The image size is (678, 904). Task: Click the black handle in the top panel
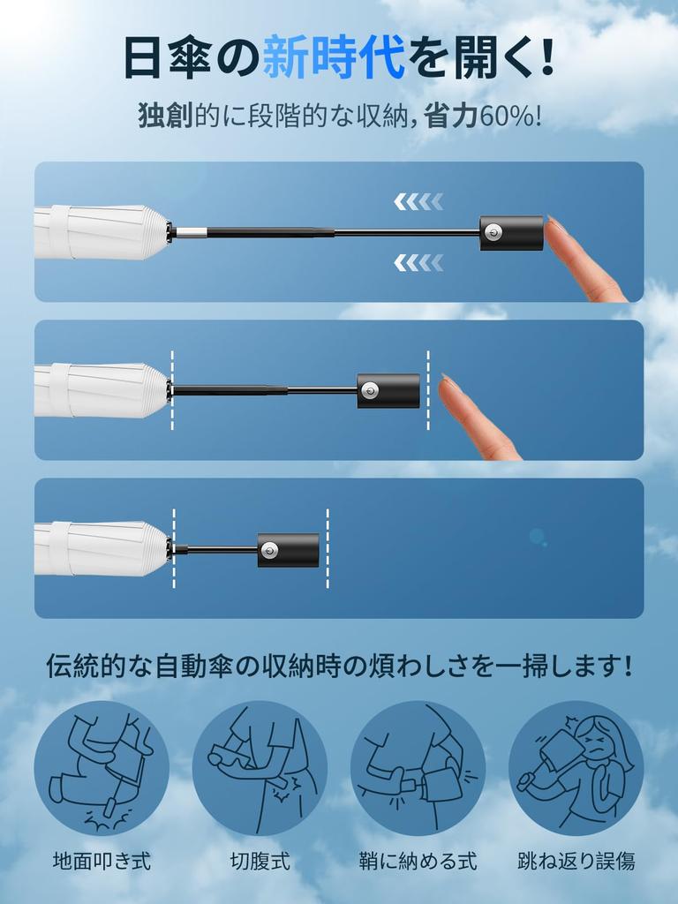click(x=511, y=233)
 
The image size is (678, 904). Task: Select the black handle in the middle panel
click(x=388, y=390)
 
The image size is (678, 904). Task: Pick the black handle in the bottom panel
click(x=288, y=549)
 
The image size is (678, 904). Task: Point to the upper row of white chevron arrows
click(x=418, y=202)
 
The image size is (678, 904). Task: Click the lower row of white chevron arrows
click(x=418, y=261)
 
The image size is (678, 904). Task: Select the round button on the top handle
click(x=494, y=233)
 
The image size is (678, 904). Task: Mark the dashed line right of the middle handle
click(x=428, y=390)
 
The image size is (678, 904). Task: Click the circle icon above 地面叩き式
click(x=102, y=768)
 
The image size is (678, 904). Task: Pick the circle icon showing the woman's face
click(x=576, y=768)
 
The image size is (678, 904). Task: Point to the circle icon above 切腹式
click(x=260, y=768)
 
